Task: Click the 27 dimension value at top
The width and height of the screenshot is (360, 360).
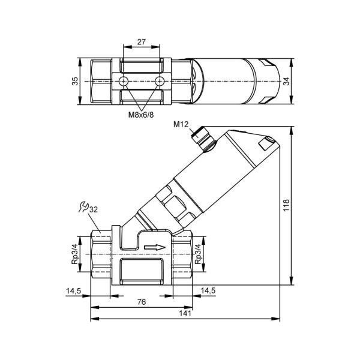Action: (x=142, y=42)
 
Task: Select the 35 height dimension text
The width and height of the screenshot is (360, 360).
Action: (x=75, y=81)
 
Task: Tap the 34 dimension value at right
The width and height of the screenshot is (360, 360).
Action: (x=286, y=81)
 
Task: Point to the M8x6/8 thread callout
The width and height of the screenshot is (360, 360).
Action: (x=141, y=115)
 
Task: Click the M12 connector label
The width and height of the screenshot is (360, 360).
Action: (x=181, y=124)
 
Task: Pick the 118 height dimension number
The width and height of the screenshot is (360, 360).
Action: (x=286, y=205)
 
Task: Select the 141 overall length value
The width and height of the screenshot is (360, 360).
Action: (x=185, y=313)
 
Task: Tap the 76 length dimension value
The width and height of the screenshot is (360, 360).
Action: (x=142, y=302)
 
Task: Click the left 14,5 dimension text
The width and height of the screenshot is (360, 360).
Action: (x=73, y=291)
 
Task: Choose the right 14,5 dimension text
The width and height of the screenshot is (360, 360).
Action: (x=208, y=290)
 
